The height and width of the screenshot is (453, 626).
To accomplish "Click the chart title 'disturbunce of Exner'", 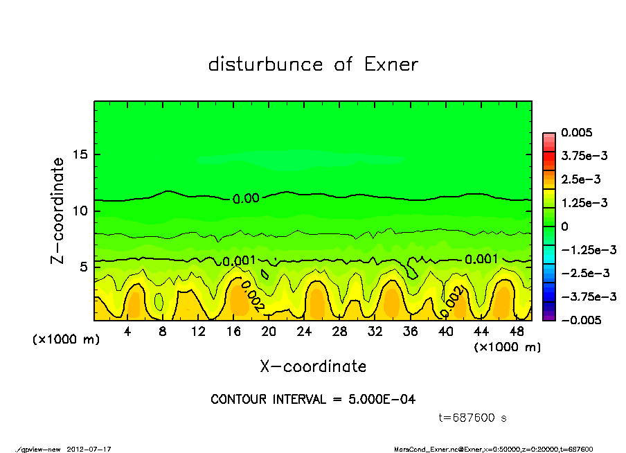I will [313, 65].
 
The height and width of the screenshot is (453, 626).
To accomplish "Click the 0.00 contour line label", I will [246, 199].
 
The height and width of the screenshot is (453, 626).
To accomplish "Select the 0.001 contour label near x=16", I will [240, 261].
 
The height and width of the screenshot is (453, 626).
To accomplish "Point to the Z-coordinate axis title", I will [58, 211].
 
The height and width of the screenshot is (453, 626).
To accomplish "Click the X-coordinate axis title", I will [313, 366].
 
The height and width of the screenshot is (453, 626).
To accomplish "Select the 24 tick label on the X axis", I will [305, 332].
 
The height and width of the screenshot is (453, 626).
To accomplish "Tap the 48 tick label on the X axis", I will [517, 332].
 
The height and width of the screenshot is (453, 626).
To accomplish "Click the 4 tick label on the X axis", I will [127, 332].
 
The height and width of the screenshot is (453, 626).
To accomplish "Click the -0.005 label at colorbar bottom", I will [580, 320].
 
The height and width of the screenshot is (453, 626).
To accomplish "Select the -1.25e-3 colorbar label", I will [584, 249].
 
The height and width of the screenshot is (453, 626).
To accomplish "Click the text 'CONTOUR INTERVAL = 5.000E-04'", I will [313, 400].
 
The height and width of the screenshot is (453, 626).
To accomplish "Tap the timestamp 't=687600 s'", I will [474, 418].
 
